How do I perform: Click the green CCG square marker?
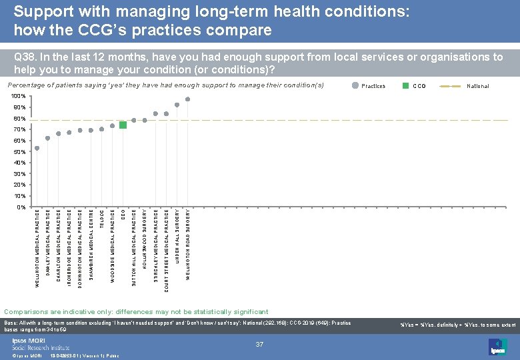[123, 125]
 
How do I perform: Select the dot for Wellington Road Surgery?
[188, 99]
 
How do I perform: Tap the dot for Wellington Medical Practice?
[37, 148]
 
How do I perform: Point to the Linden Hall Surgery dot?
[177, 105]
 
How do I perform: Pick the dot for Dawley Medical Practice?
[47, 139]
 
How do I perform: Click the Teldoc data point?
[101, 129]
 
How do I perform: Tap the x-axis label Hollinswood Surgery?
[145, 239]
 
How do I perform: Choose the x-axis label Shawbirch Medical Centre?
[91, 244]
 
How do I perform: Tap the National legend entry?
[477, 86]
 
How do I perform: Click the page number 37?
[260, 344]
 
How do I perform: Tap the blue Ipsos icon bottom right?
[497, 347]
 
